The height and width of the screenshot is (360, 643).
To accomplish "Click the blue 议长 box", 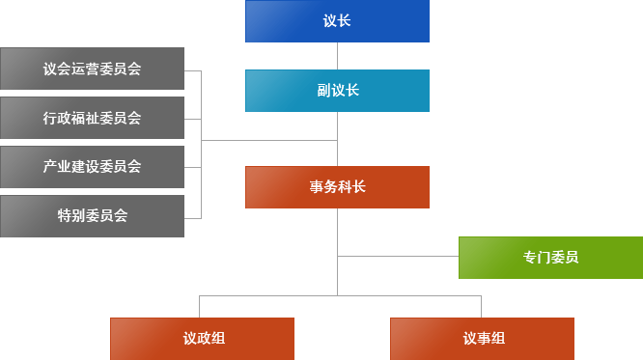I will [x=337, y=21].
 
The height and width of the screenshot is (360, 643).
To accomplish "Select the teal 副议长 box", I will [x=337, y=91].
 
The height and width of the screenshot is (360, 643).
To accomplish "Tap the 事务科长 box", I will [x=337, y=187].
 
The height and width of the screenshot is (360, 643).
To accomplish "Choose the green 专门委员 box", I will [x=550, y=258].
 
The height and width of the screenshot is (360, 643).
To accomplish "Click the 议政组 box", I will [x=203, y=339].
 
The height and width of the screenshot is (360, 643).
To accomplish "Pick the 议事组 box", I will [x=482, y=339].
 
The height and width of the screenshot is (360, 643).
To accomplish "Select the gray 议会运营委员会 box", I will [x=92, y=69].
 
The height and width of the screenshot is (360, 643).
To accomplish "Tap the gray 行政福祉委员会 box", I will [x=92, y=118].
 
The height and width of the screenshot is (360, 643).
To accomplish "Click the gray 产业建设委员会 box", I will [x=92, y=167].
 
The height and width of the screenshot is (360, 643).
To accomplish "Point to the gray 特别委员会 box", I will [x=92, y=216].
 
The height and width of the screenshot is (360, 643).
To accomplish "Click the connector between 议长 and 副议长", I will [x=337, y=56].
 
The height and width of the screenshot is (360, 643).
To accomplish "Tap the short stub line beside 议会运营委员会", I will [x=192, y=70].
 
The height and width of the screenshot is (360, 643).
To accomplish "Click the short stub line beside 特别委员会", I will [x=192, y=216].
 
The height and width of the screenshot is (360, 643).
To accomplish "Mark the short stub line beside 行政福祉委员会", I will [x=192, y=119].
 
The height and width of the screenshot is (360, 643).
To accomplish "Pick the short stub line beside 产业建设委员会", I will [x=192, y=168].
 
